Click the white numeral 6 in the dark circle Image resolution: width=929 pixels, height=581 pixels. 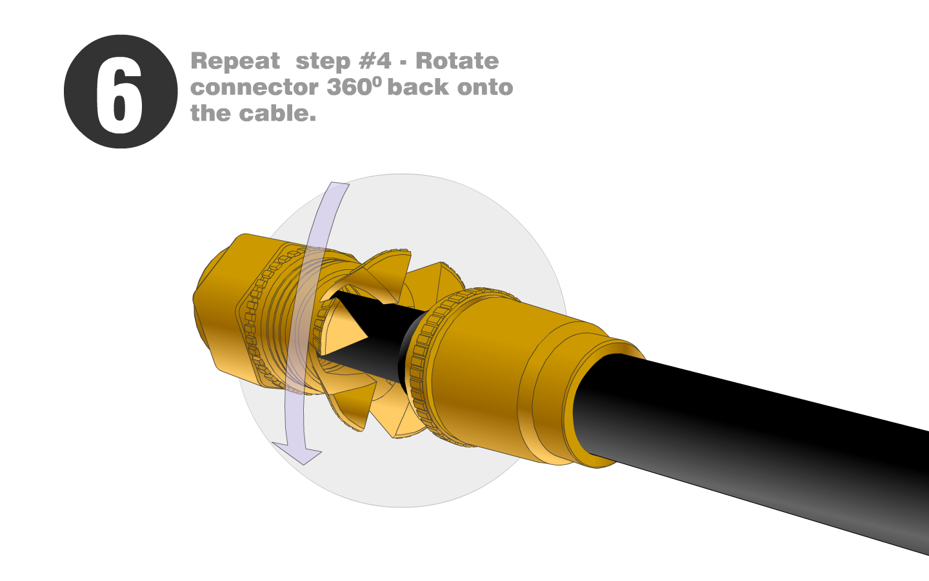click(x=119, y=95)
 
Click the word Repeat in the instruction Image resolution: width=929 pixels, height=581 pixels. click(x=235, y=62)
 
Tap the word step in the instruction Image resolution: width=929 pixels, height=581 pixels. click(x=323, y=63)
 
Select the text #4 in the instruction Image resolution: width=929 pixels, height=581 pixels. click(x=375, y=61)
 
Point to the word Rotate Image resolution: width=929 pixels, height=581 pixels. click(x=457, y=61)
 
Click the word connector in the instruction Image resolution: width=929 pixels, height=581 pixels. click(x=254, y=88)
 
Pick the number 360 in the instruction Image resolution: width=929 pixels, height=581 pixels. click(x=349, y=87)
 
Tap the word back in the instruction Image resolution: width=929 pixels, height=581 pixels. click(x=418, y=87)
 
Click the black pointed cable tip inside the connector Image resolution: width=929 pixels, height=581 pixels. click(x=365, y=328)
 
